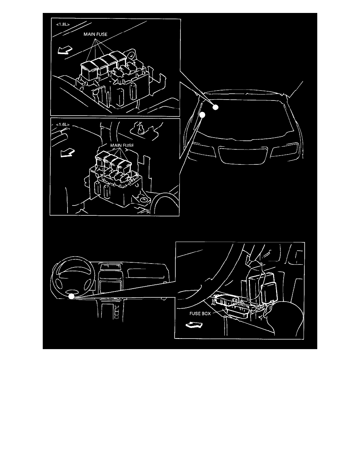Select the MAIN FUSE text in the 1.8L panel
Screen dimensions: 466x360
pyautogui.click(x=95, y=35)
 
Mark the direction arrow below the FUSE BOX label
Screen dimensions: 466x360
pyautogui.click(x=194, y=325)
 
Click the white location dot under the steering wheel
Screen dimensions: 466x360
pyautogui.click(x=71, y=297)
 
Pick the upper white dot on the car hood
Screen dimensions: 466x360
pyautogui.click(x=215, y=107)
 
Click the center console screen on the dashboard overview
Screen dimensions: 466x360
pyautogui.click(x=107, y=268)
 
